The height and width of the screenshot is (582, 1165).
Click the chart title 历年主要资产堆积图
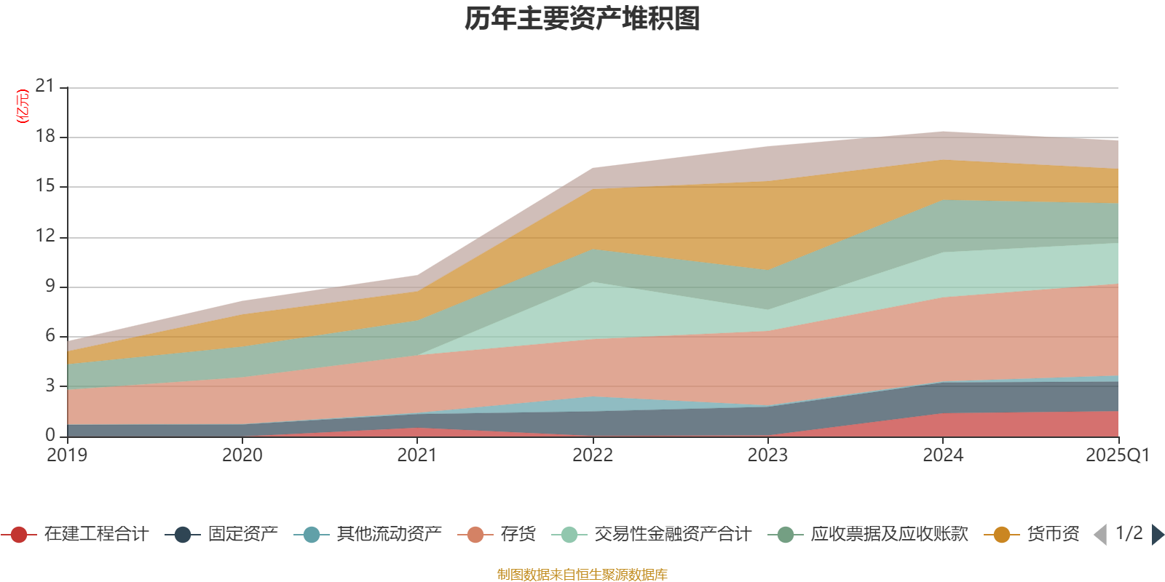pos(582,19)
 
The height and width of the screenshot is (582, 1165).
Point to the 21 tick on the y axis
pos(45,87)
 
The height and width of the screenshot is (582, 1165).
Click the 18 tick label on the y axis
pos(45,136)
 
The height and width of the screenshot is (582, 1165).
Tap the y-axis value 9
pos(50,286)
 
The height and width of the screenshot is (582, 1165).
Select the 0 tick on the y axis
pos(50,435)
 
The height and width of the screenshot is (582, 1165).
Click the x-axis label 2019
pos(67,455)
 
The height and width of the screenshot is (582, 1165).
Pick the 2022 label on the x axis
pos(593,455)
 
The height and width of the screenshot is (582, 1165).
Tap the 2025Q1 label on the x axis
pos(1117,455)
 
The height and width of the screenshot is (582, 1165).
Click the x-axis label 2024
pos(943,455)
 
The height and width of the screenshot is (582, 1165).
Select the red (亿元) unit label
pos(23,106)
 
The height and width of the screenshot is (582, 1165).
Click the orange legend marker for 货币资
pos(1002,535)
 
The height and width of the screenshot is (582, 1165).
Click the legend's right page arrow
pos(1157,535)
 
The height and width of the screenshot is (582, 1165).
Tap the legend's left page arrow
pos(1100,535)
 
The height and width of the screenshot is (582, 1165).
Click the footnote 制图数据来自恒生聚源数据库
pos(582,575)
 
